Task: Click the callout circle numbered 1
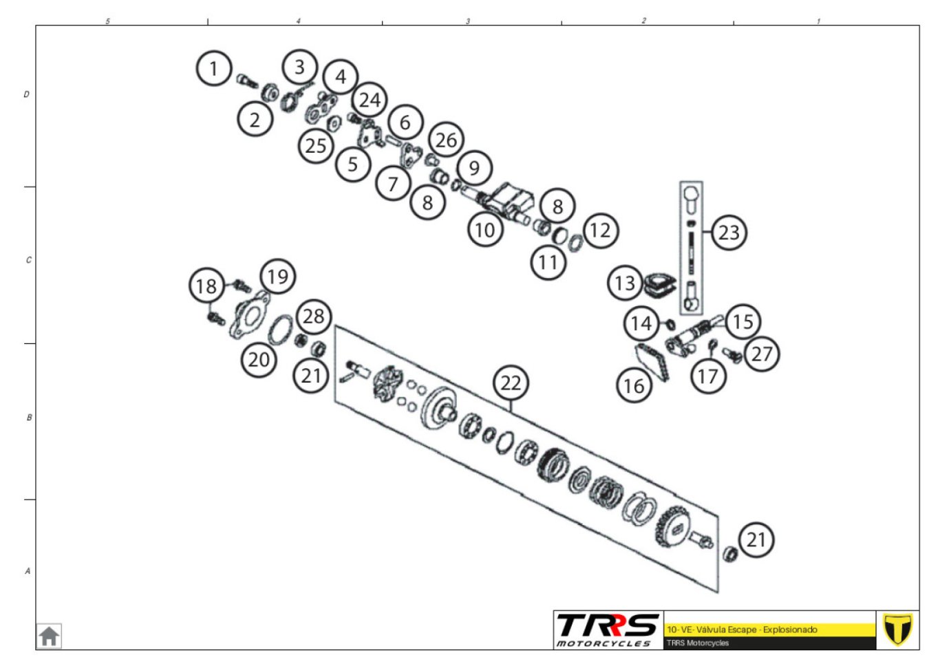click(x=214, y=68)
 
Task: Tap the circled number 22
click(x=511, y=383)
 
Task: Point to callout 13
click(x=625, y=283)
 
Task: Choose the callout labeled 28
click(x=314, y=317)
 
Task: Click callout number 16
click(x=634, y=385)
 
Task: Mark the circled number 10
click(x=485, y=230)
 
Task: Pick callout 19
click(x=278, y=277)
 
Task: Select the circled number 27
click(x=762, y=354)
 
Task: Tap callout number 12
click(x=601, y=231)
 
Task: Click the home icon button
click(x=49, y=636)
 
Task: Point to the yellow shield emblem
click(x=897, y=630)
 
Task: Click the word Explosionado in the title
click(x=790, y=630)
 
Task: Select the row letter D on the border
click(x=26, y=94)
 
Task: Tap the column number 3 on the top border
click(x=468, y=21)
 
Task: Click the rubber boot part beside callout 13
click(x=659, y=286)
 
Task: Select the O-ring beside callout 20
click(x=280, y=330)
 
